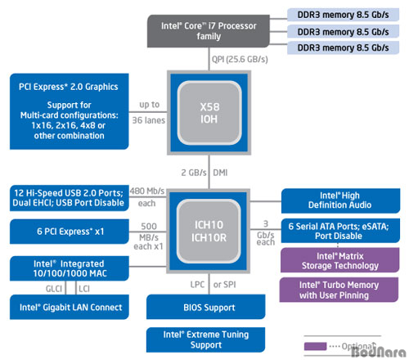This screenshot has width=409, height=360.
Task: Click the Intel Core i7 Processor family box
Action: point(209,31)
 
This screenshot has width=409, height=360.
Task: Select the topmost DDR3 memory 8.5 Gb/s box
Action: point(343,15)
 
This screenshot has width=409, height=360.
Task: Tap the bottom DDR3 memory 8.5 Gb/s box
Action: point(343,47)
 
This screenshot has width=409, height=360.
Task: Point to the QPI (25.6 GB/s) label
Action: point(240,59)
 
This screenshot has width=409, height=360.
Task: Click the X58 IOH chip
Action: point(209,113)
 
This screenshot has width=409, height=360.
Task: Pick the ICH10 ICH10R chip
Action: point(209,231)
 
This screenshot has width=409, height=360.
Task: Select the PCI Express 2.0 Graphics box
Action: point(70,111)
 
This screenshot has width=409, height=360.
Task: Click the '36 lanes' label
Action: point(149,120)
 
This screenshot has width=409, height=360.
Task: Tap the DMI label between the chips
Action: point(220,173)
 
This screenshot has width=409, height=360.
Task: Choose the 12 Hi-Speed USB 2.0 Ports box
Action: point(70,198)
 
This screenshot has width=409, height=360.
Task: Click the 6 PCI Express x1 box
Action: point(70,232)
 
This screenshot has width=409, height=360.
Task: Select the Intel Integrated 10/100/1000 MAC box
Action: point(70,268)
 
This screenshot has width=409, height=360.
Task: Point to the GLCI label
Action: point(54,289)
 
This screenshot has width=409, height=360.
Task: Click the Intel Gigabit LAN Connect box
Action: point(70,307)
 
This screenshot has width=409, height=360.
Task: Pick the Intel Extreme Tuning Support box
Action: point(206,340)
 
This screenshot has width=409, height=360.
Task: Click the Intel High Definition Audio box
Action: point(340,200)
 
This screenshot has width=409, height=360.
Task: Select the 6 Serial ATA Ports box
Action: point(340,231)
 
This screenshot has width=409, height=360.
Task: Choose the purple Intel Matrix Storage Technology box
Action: point(340,260)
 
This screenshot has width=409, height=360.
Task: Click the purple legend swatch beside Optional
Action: point(315,346)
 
